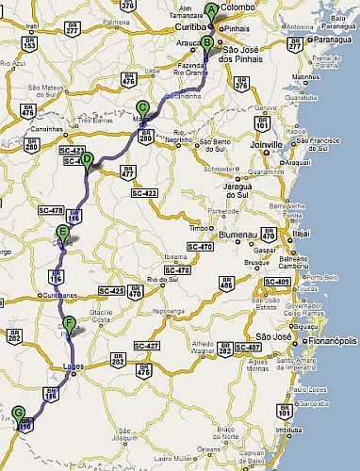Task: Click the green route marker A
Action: (x=211, y=11)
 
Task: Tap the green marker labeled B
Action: (x=205, y=41)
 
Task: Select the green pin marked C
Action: (x=141, y=107)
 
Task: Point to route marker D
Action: (x=87, y=159)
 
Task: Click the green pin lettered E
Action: (x=63, y=232)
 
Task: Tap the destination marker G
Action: (x=19, y=412)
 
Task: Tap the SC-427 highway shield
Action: (x=144, y=347)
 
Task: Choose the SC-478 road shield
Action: (x=49, y=210)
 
